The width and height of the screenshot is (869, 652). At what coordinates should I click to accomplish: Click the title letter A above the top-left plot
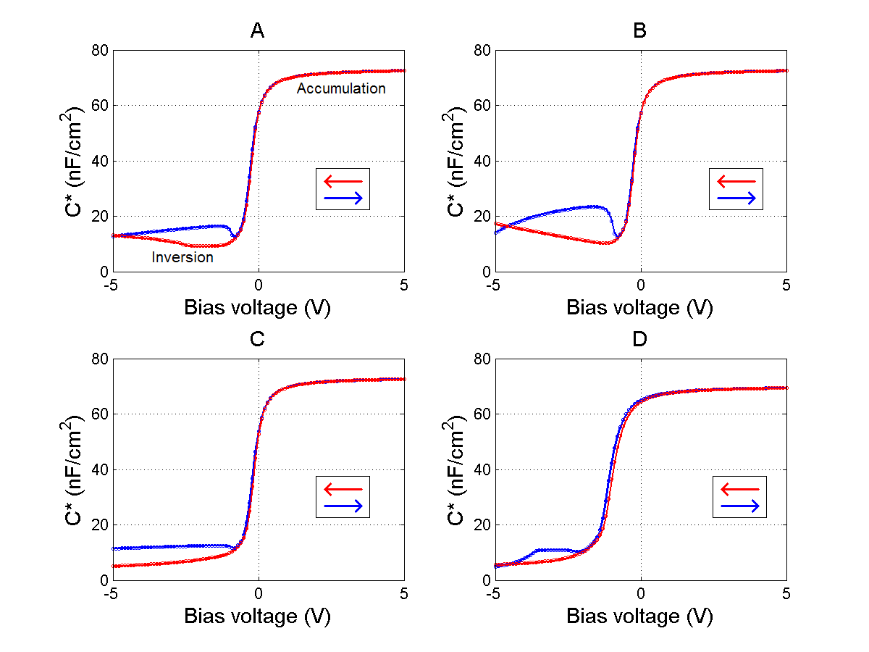tap(257, 30)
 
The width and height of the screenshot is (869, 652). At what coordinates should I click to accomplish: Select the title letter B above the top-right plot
tap(640, 30)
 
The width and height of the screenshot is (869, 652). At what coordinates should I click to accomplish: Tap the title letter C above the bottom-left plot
tap(257, 339)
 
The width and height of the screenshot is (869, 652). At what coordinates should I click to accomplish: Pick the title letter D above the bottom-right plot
tap(640, 339)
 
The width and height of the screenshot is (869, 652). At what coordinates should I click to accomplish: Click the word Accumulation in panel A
tap(341, 88)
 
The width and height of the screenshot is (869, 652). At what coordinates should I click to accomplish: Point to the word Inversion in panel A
tap(182, 257)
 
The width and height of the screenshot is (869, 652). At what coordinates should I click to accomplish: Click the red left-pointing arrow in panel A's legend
tap(343, 180)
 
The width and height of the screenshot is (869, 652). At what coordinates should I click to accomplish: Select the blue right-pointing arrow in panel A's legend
tap(343, 198)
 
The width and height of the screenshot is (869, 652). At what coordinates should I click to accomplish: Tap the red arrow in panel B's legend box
tap(736, 180)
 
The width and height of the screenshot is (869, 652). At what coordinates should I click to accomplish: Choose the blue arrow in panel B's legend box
tap(736, 198)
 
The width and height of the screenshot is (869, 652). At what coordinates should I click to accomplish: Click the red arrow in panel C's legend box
tap(343, 488)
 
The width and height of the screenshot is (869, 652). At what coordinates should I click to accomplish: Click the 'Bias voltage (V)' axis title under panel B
tap(640, 308)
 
